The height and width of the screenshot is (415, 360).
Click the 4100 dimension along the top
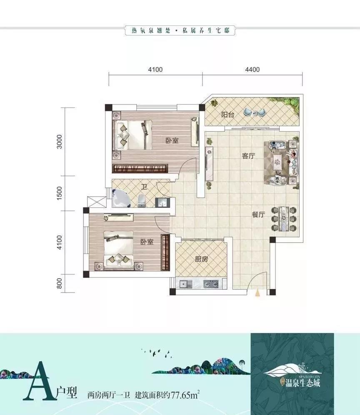click(x=155, y=70)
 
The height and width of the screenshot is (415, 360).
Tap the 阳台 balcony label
click(x=227, y=115)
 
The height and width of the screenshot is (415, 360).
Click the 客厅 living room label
click(x=249, y=156)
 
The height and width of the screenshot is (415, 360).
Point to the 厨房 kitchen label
click(x=201, y=259)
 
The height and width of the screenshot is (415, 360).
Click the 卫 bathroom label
click(x=143, y=187)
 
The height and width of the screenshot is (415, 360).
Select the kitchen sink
click(x=185, y=284)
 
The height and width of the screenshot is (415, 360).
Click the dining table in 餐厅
click(x=285, y=219)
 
